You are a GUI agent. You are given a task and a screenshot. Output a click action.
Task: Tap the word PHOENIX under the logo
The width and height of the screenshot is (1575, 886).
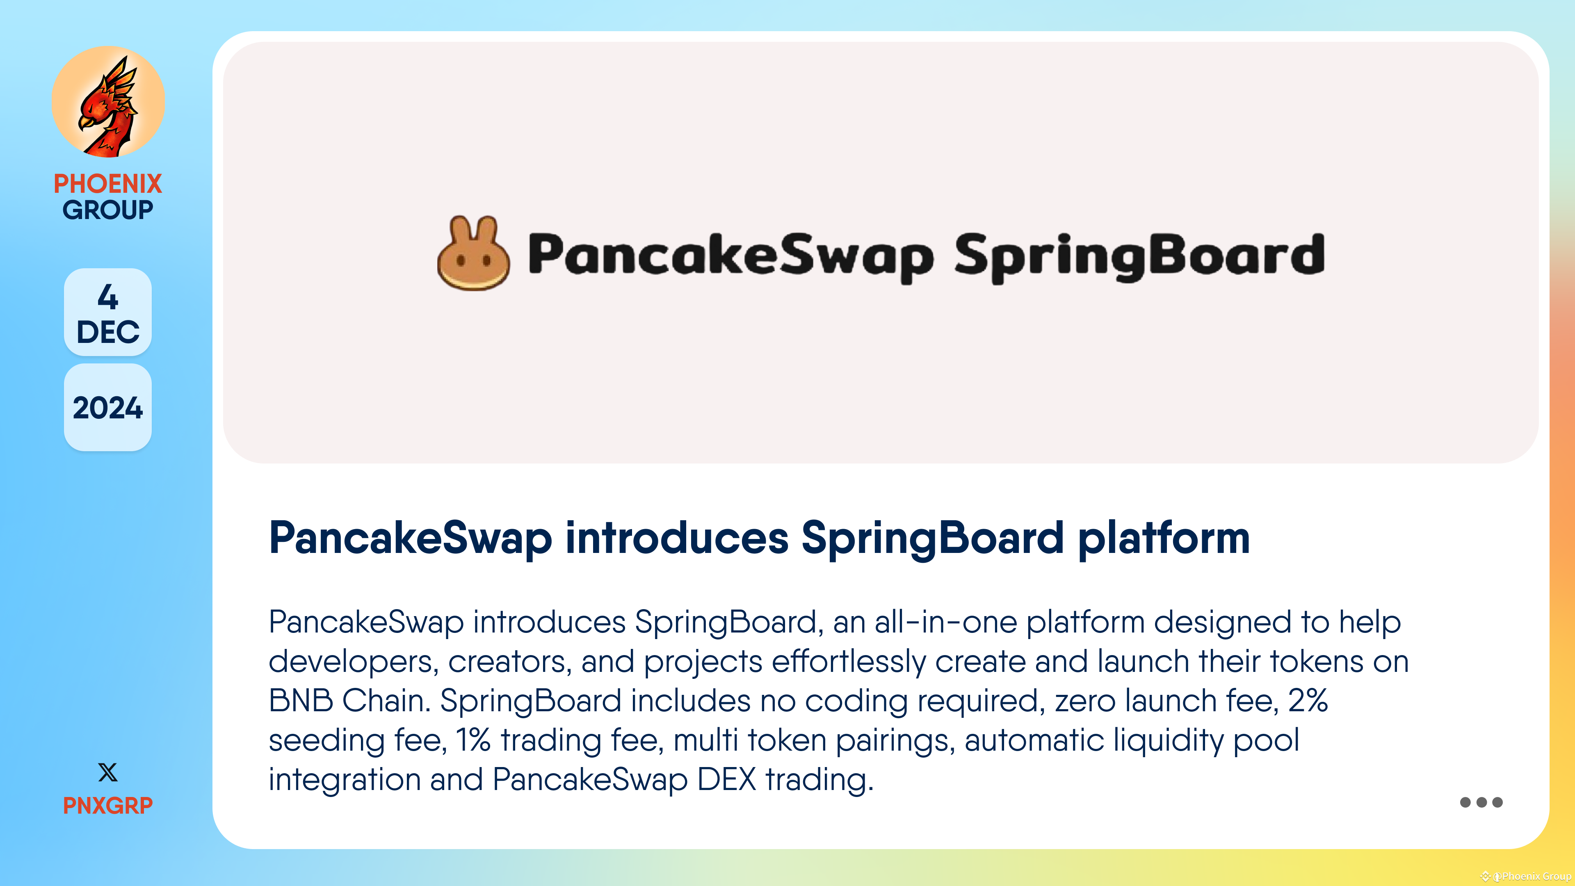click(107, 183)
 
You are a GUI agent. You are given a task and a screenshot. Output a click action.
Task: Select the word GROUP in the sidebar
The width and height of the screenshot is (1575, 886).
click(107, 210)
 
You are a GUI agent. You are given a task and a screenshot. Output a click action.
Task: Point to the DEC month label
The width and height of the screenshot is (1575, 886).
click(107, 332)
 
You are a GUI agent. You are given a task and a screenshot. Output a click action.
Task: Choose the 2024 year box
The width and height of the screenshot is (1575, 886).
click(107, 408)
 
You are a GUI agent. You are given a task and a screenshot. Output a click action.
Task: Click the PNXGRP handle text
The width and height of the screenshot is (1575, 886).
click(107, 805)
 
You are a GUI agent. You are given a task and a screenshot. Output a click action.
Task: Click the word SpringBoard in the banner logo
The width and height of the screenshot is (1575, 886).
click(1139, 256)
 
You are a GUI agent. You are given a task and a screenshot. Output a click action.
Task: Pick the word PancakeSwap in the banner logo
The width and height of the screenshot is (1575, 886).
click(730, 256)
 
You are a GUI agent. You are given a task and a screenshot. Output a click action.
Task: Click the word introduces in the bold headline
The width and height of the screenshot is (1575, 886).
click(677, 538)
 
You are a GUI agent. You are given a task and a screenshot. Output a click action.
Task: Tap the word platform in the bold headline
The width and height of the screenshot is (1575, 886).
click(1164, 538)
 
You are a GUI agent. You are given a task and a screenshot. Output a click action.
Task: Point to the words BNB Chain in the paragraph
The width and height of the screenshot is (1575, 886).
click(350, 701)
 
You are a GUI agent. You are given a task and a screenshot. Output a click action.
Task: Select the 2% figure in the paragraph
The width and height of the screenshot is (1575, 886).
click(1308, 701)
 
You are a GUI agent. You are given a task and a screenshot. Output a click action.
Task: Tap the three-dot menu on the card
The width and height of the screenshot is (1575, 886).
click(1481, 802)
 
